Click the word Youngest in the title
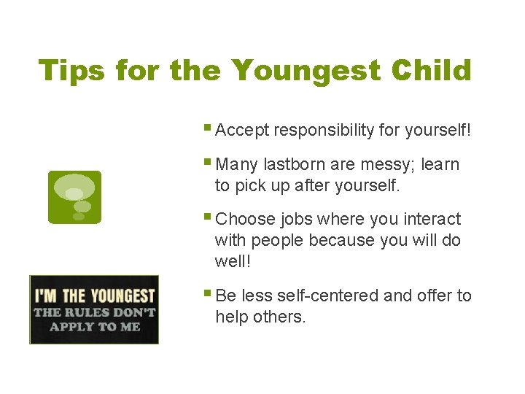[x=306, y=72]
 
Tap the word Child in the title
[x=431, y=71]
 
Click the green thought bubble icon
[x=74, y=197]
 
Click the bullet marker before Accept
[x=209, y=129]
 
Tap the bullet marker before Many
[x=209, y=163]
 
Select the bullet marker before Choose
[x=209, y=217]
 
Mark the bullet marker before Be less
[x=209, y=294]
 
